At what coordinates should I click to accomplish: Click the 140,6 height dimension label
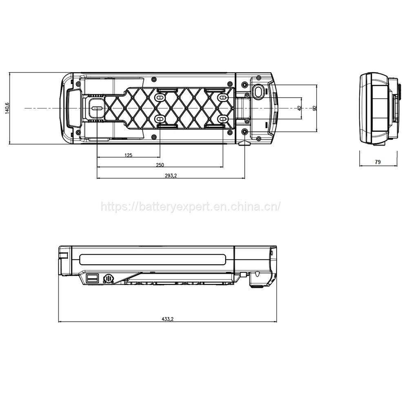tap(7, 108)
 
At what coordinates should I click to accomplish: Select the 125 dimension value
tap(128, 155)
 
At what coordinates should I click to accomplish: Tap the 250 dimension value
tap(160, 165)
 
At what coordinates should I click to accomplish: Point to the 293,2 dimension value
tap(171, 175)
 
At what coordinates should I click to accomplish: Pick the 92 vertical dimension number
tap(315, 108)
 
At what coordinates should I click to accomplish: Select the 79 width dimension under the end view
tap(377, 162)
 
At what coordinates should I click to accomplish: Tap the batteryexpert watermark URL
tap(191, 206)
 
